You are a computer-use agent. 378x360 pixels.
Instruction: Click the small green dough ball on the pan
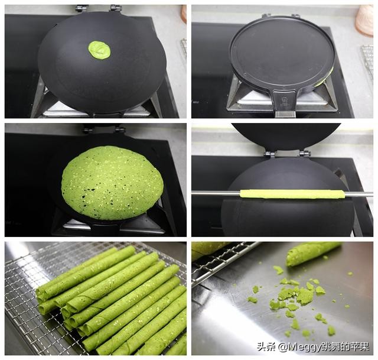click(99, 50)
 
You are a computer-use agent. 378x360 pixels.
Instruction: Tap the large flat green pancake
click(112, 183)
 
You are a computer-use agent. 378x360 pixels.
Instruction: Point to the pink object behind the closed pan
click(364, 20)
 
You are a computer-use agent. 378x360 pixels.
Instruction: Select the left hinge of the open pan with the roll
click(269, 154)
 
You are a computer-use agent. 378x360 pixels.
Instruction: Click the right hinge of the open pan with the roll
click(305, 153)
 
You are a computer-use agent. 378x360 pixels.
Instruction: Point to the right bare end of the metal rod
click(360, 194)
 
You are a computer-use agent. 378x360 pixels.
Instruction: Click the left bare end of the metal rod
click(216, 193)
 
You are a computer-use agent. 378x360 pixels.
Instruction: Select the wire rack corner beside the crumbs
click(194, 284)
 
